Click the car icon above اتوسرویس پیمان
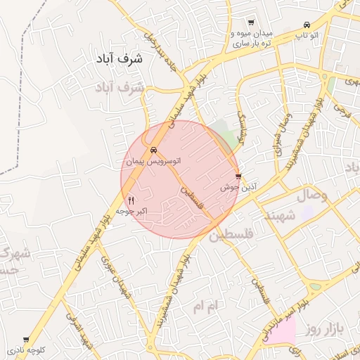(153, 150)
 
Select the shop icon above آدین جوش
(238, 176)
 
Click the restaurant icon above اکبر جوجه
(131, 200)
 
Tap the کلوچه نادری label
(27, 349)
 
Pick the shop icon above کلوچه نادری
(27, 339)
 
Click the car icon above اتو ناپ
(307, 24)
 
